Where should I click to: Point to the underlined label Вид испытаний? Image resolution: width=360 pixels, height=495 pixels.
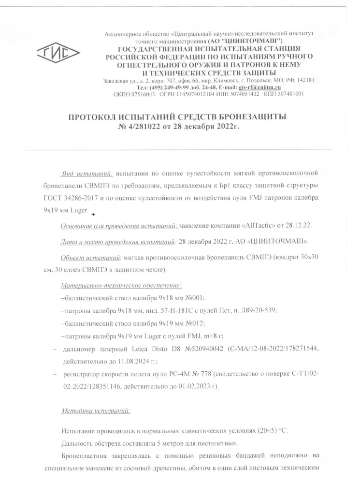point(87,173)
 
